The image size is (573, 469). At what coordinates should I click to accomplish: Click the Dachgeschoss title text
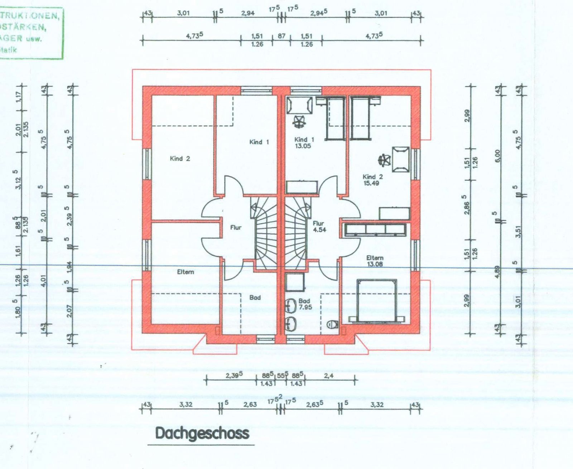click(202, 433)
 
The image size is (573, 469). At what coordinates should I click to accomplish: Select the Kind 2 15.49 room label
click(372, 180)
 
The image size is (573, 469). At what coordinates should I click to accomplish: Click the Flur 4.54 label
click(319, 227)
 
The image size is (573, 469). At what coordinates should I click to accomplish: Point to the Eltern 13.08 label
click(375, 261)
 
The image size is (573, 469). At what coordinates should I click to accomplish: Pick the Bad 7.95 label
click(305, 304)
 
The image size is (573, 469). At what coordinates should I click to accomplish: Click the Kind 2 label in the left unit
click(180, 159)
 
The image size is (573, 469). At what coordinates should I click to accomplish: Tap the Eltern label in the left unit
click(186, 272)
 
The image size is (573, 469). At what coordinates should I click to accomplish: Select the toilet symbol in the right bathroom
click(333, 324)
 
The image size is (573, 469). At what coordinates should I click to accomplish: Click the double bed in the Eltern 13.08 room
click(377, 301)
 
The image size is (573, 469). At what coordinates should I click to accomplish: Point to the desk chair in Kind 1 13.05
click(298, 122)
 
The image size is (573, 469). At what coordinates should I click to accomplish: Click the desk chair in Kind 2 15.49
click(385, 159)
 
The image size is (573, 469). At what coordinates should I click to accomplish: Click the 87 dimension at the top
click(281, 36)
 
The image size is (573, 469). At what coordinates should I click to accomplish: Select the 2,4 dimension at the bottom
click(328, 376)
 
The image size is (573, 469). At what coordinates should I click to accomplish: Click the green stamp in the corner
click(30, 32)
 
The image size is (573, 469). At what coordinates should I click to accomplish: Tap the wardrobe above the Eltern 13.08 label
click(375, 229)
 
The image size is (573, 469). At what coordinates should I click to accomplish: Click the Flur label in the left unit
click(236, 227)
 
